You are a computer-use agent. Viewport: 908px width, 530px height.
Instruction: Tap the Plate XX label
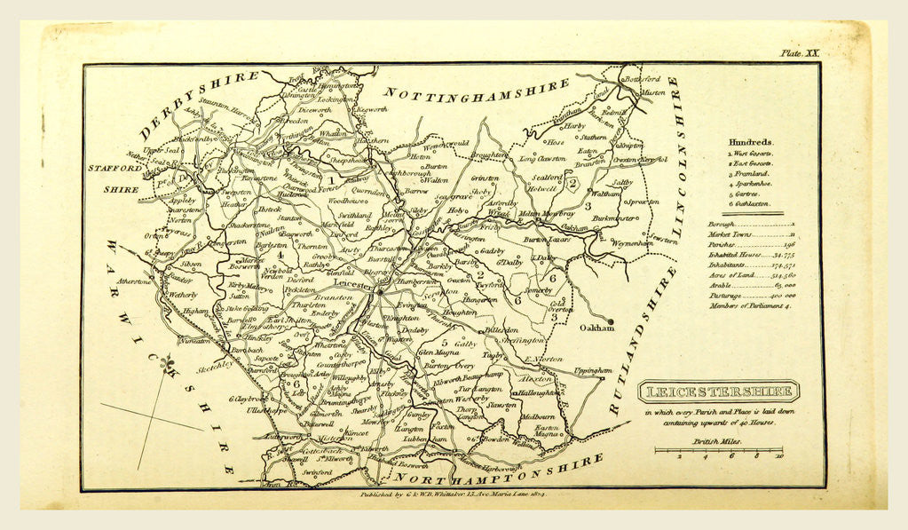799,53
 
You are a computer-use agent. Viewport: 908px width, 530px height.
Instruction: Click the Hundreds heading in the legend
750,141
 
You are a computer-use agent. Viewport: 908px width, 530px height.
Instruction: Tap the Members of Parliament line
750,305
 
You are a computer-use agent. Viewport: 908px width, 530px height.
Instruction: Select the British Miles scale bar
718,450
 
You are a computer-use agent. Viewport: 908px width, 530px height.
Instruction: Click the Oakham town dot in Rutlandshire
611,322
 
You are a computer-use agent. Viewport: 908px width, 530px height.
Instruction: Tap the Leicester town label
353,286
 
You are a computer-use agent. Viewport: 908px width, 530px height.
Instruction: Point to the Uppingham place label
592,370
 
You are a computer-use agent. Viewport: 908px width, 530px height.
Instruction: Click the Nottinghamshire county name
477,91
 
